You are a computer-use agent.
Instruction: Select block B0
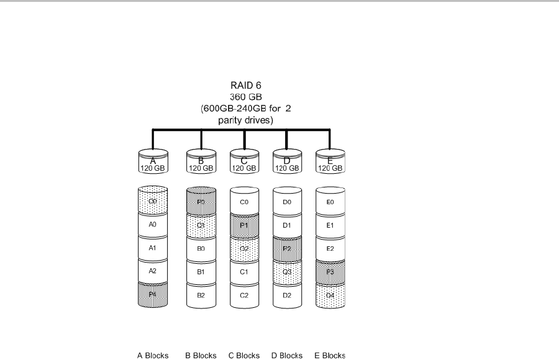tap(201, 248)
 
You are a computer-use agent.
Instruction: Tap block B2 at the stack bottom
tap(201, 295)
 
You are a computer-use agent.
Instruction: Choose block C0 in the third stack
tap(244, 202)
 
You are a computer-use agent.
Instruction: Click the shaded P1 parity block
tap(244, 225)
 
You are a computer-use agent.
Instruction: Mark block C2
tap(244, 295)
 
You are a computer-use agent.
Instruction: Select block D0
tap(286, 202)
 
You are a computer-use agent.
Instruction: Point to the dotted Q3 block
tap(286, 272)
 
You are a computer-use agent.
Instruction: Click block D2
tap(286, 295)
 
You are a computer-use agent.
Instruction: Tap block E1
tap(330, 225)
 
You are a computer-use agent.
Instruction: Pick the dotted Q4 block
tap(330, 295)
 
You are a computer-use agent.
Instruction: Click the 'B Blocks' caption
tap(201, 356)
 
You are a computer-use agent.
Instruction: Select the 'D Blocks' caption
tap(286, 356)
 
